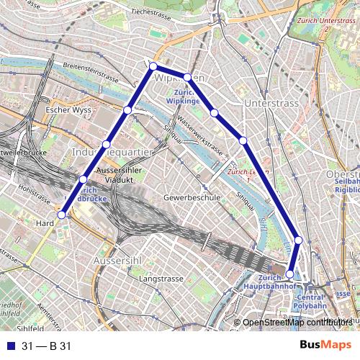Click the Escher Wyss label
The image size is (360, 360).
point(66,110)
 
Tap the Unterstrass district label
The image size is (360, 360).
point(271,104)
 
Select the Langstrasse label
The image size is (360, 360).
point(158,278)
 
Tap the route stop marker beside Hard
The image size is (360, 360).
point(62,215)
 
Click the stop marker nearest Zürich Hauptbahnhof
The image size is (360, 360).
point(290,274)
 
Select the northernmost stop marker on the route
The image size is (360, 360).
point(153,66)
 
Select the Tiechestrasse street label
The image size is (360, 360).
point(154,12)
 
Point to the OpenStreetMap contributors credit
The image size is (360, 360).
point(295,322)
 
